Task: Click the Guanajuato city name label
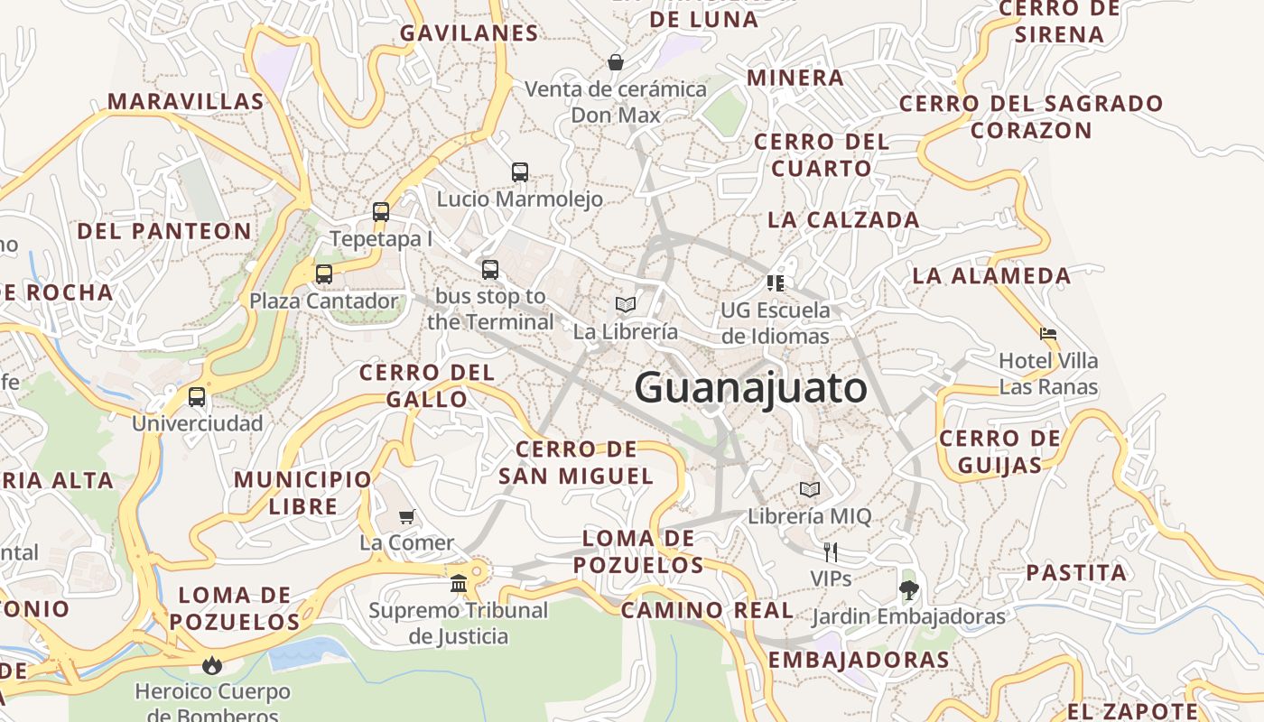750,388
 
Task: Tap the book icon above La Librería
626,304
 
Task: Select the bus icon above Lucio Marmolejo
520,171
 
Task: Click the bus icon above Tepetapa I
381,212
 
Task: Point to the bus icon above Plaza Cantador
324,273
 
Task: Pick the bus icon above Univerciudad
197,396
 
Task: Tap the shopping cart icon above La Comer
407,516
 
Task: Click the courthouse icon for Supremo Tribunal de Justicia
459,583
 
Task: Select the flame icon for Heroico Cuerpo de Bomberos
212,665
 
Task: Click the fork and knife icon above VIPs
831,551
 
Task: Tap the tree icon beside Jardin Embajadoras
908,590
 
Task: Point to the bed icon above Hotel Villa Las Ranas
1048,334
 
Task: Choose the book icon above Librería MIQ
810,489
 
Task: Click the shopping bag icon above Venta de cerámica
616,62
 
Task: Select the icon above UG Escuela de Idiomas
775,283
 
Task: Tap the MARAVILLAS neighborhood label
186,101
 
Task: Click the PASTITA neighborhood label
1076,572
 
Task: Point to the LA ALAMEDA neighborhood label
991,275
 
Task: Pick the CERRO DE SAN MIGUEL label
576,462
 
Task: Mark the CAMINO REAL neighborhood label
708,610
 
